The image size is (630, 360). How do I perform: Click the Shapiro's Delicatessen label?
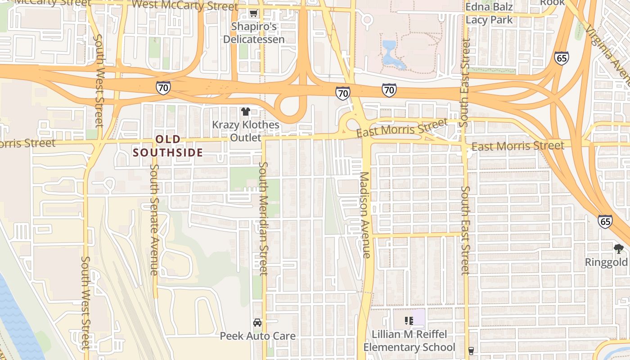[x=254, y=33]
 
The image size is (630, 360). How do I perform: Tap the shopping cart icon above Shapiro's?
[x=254, y=13]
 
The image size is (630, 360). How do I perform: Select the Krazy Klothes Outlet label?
[x=246, y=131]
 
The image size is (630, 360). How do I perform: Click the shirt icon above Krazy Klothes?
[x=245, y=111]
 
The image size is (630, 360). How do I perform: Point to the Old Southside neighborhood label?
[x=168, y=146]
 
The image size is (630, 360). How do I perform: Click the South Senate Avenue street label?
[x=154, y=220]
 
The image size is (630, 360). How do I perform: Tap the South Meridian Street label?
[x=263, y=218]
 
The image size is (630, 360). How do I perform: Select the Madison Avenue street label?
[x=365, y=215]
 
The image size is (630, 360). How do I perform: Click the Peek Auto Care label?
[x=257, y=336]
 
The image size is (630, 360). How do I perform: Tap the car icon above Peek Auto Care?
[x=257, y=323]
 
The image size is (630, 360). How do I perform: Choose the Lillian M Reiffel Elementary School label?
[x=409, y=341]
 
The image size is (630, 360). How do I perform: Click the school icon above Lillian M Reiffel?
[x=409, y=321]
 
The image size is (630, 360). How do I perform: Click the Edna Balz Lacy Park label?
[x=489, y=13]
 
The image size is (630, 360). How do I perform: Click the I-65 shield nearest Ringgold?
[x=605, y=221]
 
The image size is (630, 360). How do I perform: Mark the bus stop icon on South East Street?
[x=471, y=351]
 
